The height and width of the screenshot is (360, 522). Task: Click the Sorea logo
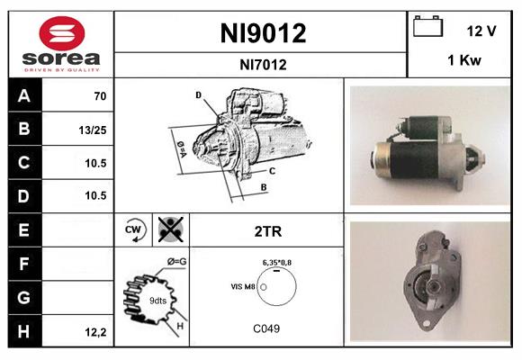pyautogui.click(x=59, y=42)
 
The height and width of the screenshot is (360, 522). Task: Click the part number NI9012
pyautogui.click(x=263, y=34)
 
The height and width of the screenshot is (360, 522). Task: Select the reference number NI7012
pyautogui.click(x=263, y=64)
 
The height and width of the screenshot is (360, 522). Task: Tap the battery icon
pyautogui.click(x=427, y=28)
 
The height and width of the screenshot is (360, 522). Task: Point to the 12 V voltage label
pyautogui.click(x=481, y=31)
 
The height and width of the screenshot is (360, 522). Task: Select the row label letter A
pyautogui.click(x=23, y=96)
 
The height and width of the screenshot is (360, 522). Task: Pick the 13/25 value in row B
pyautogui.click(x=93, y=130)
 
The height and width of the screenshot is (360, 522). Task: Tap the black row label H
pyautogui.click(x=23, y=331)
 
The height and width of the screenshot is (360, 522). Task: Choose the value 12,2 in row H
pyautogui.click(x=94, y=332)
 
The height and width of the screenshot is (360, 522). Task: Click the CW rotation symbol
pyautogui.click(x=134, y=231)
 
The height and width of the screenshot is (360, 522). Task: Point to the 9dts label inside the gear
pyautogui.click(x=157, y=300)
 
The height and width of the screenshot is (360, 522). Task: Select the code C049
pyautogui.click(x=266, y=328)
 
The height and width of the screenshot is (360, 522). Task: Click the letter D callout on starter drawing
pyautogui.click(x=198, y=94)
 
